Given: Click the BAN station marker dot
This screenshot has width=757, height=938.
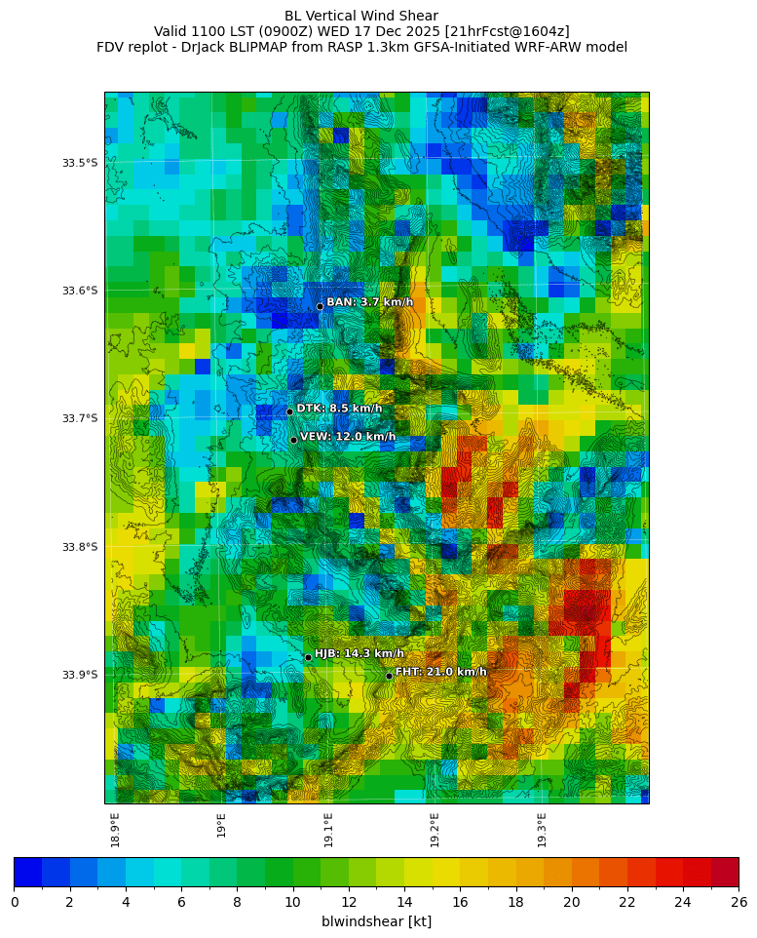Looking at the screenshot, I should [x=320, y=306].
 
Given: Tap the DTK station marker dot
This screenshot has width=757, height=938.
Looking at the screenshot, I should [x=289, y=411].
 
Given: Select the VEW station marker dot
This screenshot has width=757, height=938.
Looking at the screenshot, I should [x=293, y=440].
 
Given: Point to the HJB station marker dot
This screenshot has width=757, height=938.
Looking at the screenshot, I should [x=308, y=657].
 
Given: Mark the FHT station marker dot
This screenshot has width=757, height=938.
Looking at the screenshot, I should [x=389, y=676].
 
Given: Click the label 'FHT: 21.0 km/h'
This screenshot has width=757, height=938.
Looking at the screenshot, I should [x=440, y=672].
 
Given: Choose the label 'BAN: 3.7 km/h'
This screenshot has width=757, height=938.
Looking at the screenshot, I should [x=369, y=302].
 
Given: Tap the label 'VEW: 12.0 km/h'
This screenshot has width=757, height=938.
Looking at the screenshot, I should [x=348, y=437].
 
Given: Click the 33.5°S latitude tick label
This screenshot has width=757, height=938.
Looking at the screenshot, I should [x=80, y=163].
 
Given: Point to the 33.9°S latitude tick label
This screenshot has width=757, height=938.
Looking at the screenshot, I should [x=80, y=675].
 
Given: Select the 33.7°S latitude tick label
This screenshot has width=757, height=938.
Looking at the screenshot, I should [x=80, y=418].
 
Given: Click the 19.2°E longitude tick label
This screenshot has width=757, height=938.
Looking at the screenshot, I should [x=435, y=830].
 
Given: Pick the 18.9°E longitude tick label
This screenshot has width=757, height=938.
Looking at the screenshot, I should [x=115, y=830].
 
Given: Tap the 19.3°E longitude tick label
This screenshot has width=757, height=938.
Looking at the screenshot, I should [x=542, y=830].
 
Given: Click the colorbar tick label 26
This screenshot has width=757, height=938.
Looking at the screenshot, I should [x=738, y=902].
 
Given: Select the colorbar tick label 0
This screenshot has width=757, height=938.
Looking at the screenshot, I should [x=15, y=902].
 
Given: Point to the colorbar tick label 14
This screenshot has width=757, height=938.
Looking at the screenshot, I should [x=404, y=902].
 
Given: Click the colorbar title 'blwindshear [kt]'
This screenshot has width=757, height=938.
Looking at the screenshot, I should [x=376, y=921].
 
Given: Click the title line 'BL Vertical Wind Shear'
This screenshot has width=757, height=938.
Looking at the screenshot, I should [x=361, y=16].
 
